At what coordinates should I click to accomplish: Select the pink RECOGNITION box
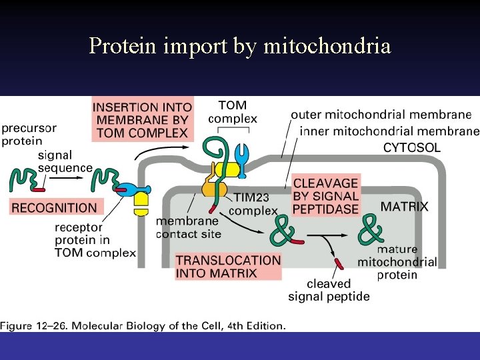point(54,207)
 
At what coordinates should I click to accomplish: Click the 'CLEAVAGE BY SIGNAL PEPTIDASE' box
point(325,195)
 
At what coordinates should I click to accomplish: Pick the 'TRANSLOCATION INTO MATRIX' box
point(228,266)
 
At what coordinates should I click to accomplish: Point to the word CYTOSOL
point(411,147)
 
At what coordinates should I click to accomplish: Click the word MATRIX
point(404,207)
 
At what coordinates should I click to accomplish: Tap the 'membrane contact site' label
point(187,227)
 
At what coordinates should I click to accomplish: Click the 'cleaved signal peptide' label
point(329,290)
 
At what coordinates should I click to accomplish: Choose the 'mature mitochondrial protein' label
point(397,262)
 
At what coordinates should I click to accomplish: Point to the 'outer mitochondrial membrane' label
point(381,115)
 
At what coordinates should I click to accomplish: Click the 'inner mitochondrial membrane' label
point(389,131)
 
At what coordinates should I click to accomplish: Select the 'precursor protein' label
point(29,134)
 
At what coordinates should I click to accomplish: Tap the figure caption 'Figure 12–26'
point(143,325)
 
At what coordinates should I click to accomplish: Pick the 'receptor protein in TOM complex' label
point(95,240)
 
